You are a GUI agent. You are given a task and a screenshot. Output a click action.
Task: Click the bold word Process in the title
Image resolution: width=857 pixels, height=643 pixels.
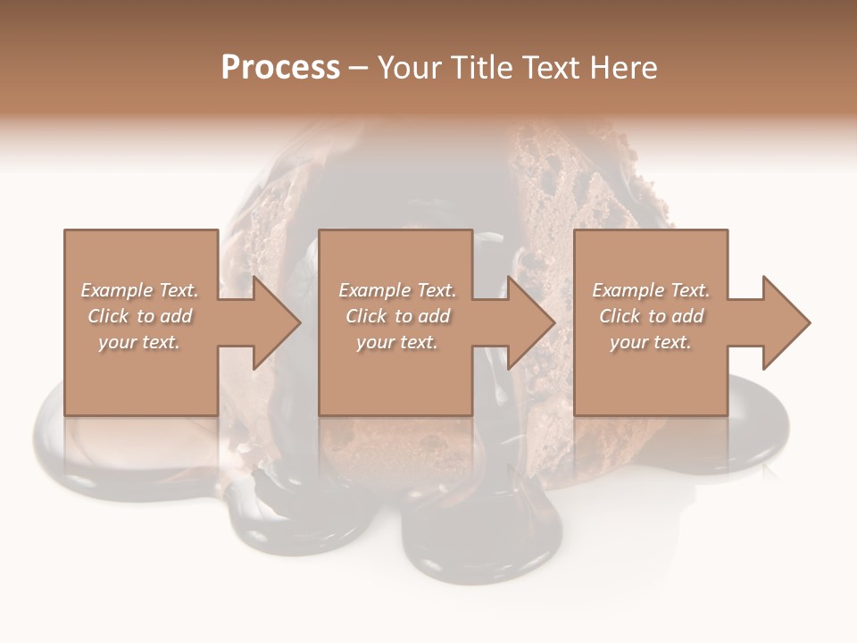coord(280,67)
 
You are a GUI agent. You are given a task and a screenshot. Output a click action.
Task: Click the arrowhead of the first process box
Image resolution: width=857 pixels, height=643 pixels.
coord(276,322)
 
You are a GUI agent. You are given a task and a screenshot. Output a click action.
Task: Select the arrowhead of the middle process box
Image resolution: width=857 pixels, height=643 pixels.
coord(530,322)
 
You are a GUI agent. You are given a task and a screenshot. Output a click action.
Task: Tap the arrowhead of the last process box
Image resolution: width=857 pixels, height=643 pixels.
coord(786,322)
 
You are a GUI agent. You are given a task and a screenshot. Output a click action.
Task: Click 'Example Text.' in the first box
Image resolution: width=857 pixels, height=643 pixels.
coord(140,290)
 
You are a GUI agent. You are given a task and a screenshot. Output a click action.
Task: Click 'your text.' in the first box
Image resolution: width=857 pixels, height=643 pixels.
coord(140,342)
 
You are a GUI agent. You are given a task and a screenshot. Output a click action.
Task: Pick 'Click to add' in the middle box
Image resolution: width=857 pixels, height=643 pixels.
coord(397,316)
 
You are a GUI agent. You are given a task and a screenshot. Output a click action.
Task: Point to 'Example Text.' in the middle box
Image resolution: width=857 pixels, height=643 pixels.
coord(397,290)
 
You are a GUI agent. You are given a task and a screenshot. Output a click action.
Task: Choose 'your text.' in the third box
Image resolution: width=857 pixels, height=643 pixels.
coord(651,342)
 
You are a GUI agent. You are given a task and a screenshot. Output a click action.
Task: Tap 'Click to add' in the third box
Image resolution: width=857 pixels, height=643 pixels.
coord(651,316)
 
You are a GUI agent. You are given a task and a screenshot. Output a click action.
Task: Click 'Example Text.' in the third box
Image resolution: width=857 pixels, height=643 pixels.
coord(651,290)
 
